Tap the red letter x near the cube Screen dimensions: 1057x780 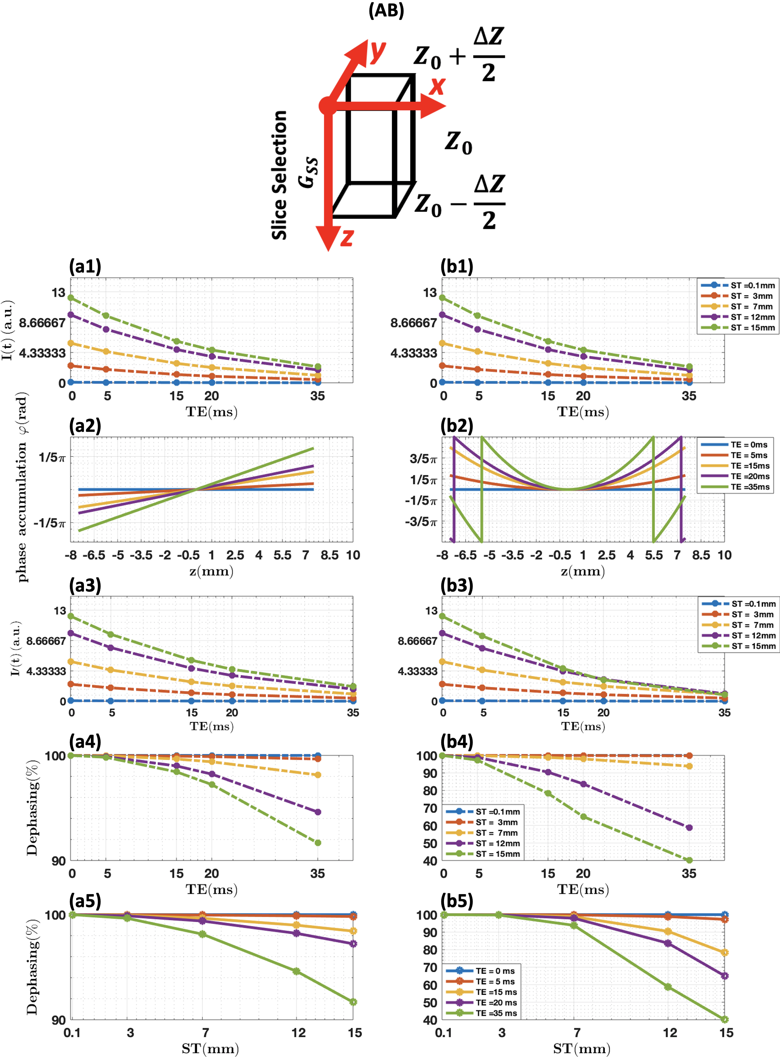[x=437, y=86]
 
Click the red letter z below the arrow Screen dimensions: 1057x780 [x=347, y=237]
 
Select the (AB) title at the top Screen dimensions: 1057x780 [x=386, y=10]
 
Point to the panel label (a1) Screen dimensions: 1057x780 [x=85, y=266]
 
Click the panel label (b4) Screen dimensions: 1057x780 [x=456, y=741]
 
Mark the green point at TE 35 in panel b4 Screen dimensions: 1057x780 [x=689, y=860]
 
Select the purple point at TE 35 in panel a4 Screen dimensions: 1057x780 [x=318, y=812]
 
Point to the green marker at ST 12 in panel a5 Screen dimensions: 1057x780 [x=296, y=971]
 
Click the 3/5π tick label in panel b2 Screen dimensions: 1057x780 [x=423, y=459]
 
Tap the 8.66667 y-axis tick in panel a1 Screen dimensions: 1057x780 [x=42, y=323]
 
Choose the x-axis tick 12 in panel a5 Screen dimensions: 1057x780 [x=298, y=1033]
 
